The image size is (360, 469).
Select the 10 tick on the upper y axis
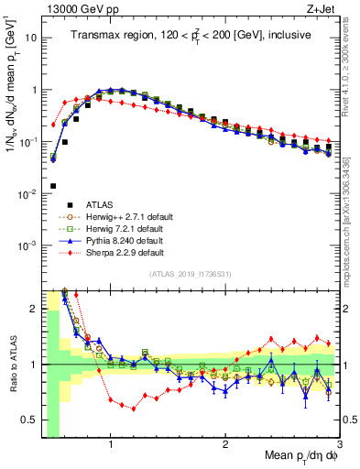32,38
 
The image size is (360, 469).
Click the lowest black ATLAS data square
53,186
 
